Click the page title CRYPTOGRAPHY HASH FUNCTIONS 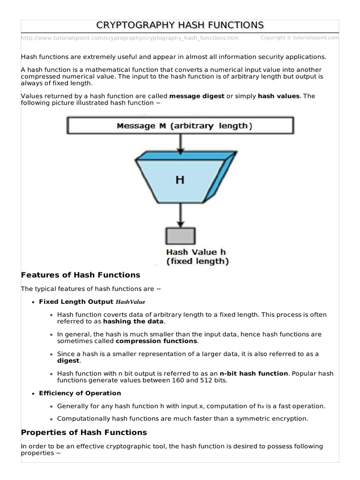pos(180,25)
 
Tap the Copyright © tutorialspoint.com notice pos(299,37)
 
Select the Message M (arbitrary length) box pos(181,126)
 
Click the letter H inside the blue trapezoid pos(180,180)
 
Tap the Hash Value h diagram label pos(196,252)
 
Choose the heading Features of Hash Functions pos(81,275)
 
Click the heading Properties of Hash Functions pos(84,432)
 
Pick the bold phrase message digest pos(196,96)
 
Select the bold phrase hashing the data pos(133,322)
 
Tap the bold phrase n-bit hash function pos(254,374)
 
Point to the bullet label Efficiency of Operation pos(80,393)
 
